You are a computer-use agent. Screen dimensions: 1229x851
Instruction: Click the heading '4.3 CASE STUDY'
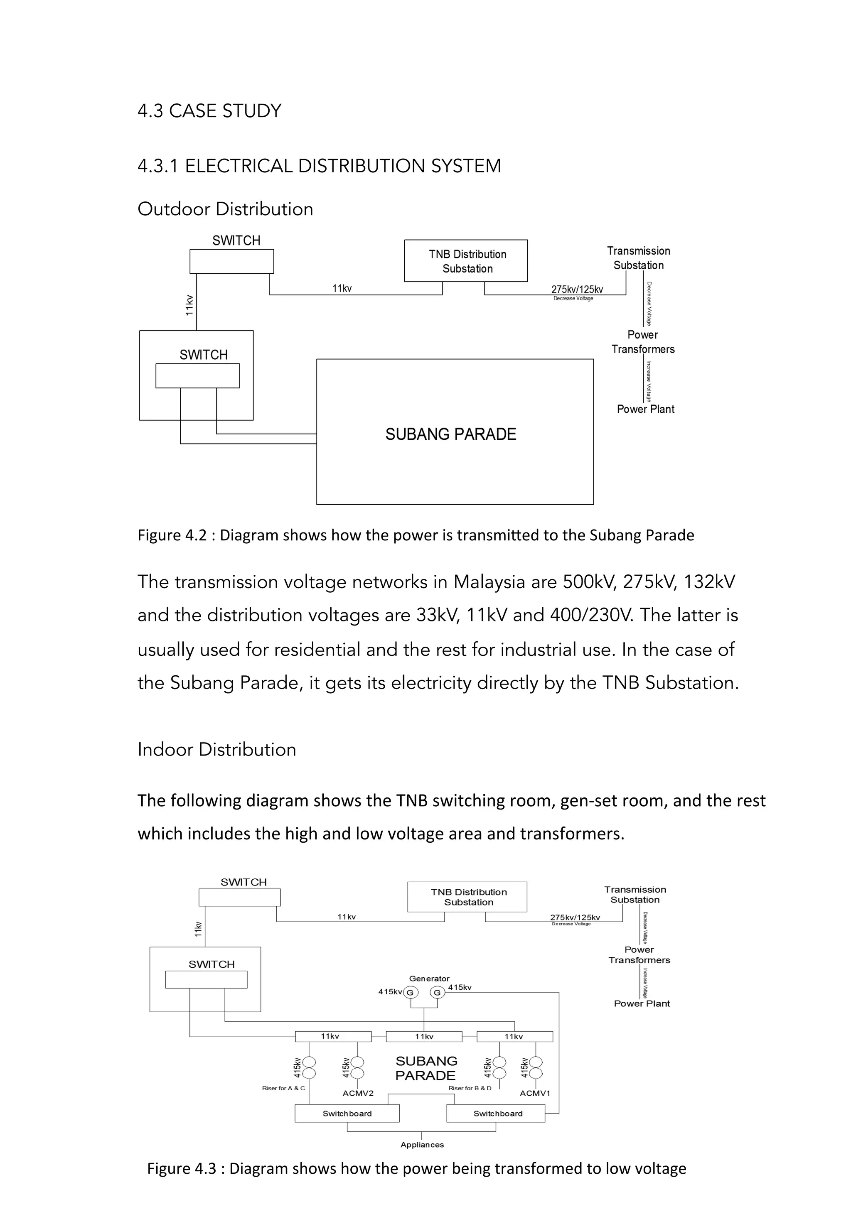click(x=209, y=111)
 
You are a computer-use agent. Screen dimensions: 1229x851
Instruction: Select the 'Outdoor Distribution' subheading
click(x=225, y=209)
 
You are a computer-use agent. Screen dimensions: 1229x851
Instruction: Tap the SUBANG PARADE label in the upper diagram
click(x=450, y=434)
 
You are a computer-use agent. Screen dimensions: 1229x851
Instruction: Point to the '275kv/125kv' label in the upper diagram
click(x=577, y=289)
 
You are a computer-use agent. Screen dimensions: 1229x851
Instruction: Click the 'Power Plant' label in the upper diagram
click(x=645, y=409)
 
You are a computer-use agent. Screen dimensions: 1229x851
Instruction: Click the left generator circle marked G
click(x=410, y=992)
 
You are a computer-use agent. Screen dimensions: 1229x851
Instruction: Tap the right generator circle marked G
click(x=437, y=992)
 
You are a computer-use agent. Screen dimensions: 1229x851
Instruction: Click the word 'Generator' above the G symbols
click(x=429, y=979)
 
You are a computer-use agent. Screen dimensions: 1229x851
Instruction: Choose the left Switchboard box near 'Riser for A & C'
click(x=347, y=1114)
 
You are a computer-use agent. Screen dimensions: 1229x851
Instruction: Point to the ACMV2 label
click(x=358, y=1093)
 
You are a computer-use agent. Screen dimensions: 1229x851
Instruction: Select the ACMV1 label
click(x=534, y=1093)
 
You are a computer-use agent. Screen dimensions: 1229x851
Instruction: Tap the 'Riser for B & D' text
click(x=469, y=1088)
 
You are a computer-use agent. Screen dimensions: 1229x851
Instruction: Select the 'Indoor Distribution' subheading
click(x=216, y=749)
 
